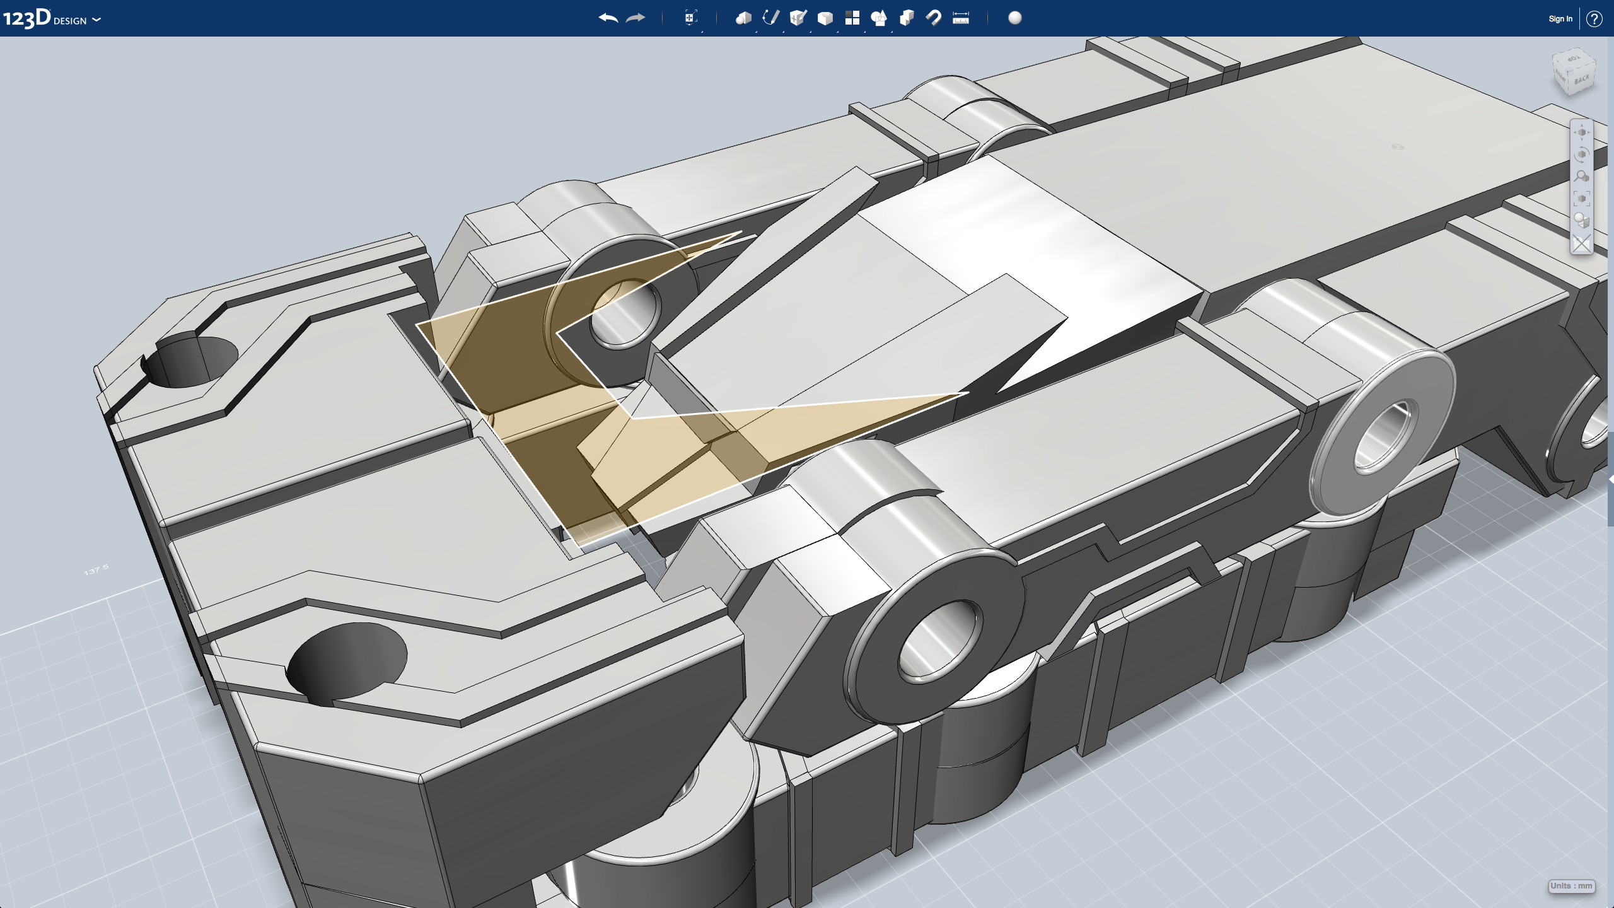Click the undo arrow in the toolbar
tap(608, 18)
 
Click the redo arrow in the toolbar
tap(636, 18)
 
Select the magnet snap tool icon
tap(934, 18)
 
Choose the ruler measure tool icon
tap(961, 18)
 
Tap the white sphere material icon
tap(1015, 18)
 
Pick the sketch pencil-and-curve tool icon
tap(770, 18)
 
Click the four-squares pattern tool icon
tap(852, 18)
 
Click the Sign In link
tap(1560, 19)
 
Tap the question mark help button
tap(1594, 19)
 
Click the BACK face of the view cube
tap(1582, 80)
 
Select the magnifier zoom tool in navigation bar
tap(1581, 177)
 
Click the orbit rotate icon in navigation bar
tap(1581, 154)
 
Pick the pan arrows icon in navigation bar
tap(1581, 132)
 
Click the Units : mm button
tap(1571, 886)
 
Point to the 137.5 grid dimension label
tap(96, 570)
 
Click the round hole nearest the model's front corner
tap(347, 659)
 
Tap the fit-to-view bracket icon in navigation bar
tap(1581, 199)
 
